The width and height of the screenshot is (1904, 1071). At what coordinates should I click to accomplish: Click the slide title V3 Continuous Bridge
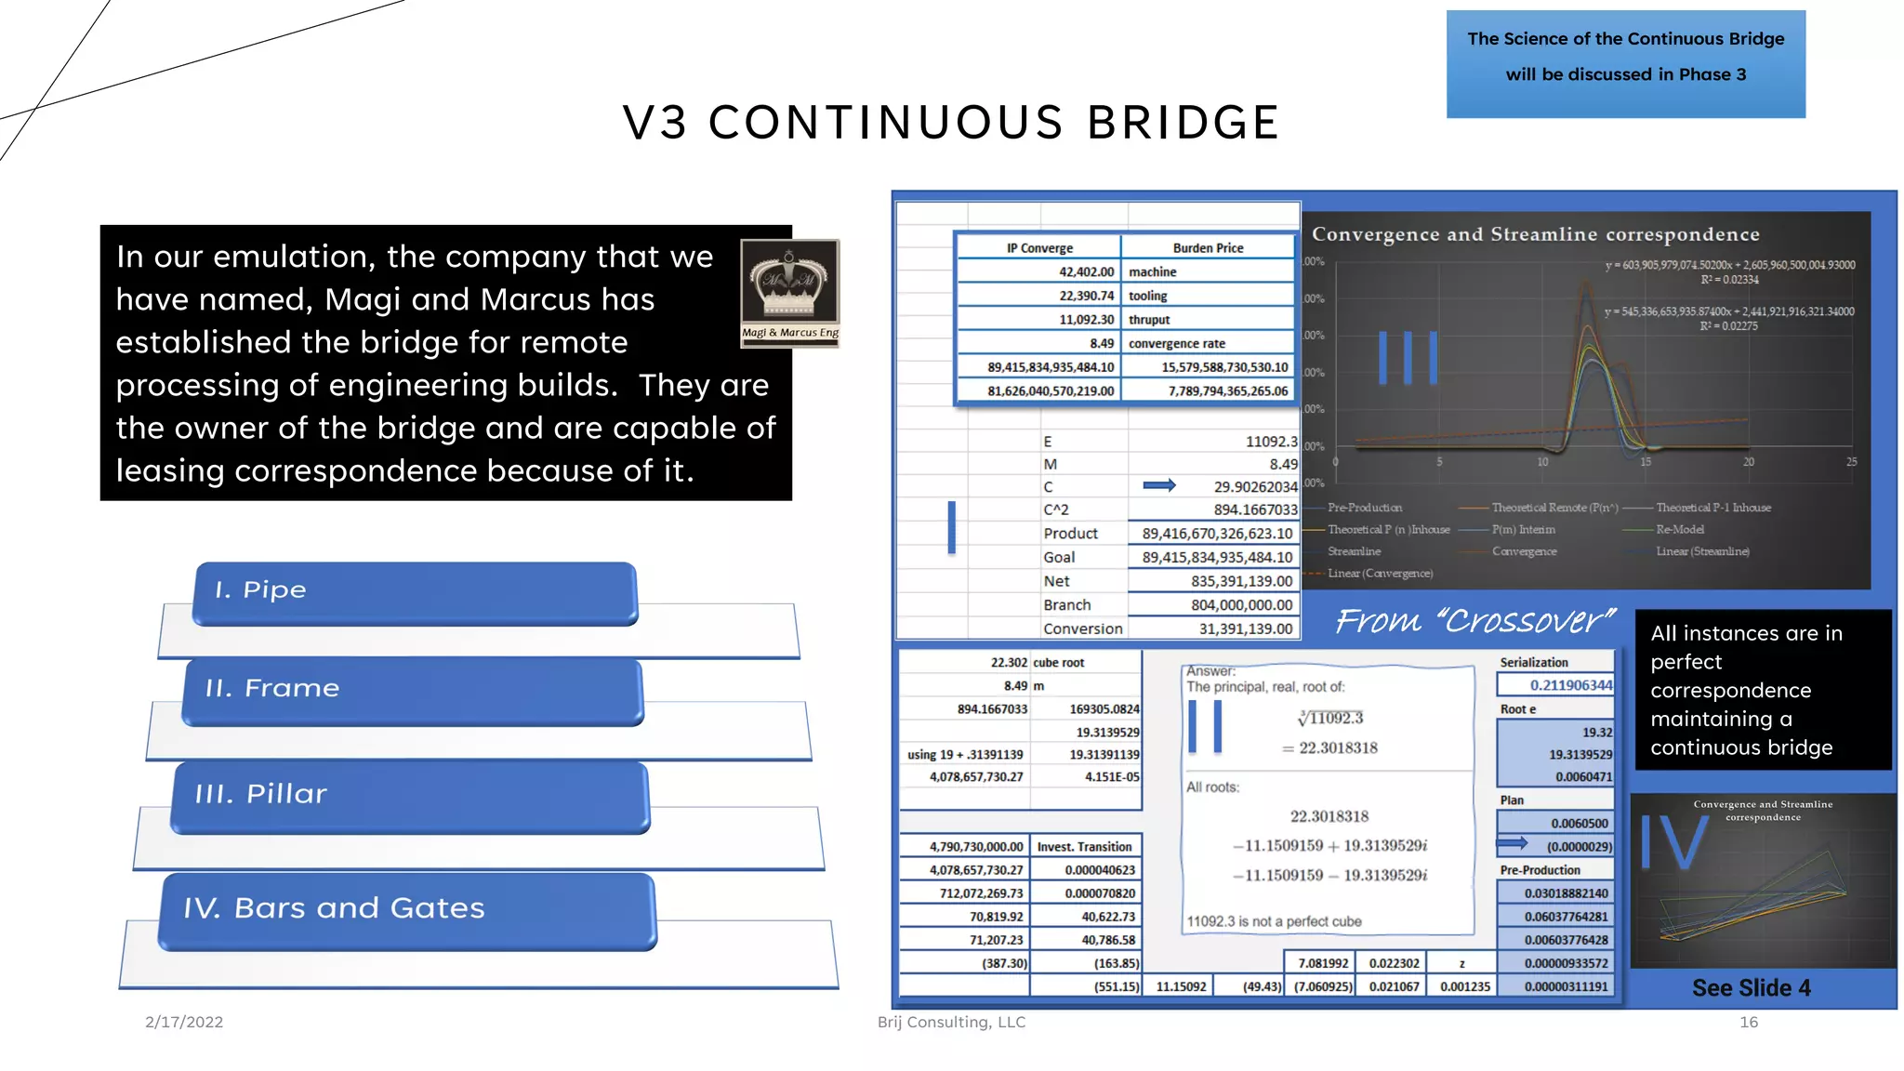pos(951,123)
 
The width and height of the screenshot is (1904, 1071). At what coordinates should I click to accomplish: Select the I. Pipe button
pos(415,591)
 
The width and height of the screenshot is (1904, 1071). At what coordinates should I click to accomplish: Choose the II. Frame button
pos(412,690)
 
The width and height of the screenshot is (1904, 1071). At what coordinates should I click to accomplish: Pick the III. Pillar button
pos(409,796)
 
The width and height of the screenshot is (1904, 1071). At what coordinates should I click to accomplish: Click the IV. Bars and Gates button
pos(406,910)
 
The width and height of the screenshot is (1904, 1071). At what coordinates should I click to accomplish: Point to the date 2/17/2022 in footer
pos(184,1022)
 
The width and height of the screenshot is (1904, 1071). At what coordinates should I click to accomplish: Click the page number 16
pos(1748,1022)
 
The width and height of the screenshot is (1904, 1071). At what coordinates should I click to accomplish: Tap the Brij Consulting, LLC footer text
pos(951,1022)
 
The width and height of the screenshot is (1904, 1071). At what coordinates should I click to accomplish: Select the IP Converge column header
pos(1039,248)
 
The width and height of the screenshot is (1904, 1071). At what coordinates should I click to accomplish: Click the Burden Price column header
pos(1207,248)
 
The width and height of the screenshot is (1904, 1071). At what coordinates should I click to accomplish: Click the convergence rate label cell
pos(1176,343)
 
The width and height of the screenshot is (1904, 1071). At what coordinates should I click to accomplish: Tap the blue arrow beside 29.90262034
pos(1158,485)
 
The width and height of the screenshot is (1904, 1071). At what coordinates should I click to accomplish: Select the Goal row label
pos(1059,557)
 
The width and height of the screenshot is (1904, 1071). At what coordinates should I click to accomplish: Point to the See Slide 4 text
pos(1751,987)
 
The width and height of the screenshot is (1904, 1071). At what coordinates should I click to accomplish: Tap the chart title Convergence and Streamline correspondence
pos(1535,234)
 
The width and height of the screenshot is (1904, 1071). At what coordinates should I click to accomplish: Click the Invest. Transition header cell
pos(1084,847)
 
